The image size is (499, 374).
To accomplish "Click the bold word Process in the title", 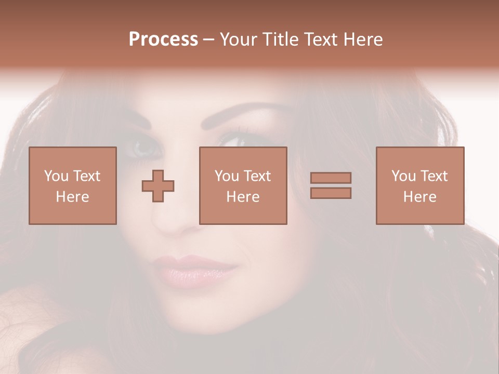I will (x=163, y=39).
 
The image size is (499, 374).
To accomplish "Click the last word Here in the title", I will (x=363, y=39).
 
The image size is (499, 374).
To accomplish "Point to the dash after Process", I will (x=208, y=40).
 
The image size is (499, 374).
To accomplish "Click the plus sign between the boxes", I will (x=158, y=186).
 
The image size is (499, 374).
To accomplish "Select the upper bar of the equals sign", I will (x=331, y=178).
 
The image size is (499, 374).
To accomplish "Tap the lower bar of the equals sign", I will (x=331, y=193).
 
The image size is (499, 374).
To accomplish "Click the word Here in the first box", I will (x=73, y=197).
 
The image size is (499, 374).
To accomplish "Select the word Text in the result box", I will (x=434, y=176).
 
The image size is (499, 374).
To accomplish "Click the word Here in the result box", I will (x=420, y=197).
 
